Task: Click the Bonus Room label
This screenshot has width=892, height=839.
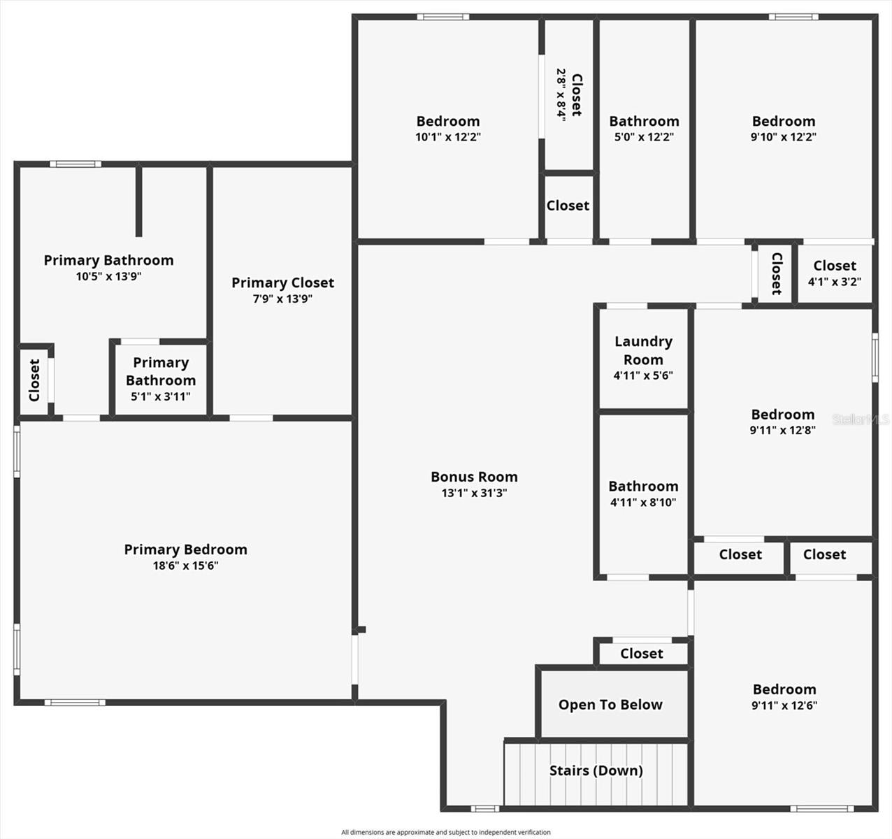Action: point(474,477)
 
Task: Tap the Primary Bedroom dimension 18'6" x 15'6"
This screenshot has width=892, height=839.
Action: point(185,566)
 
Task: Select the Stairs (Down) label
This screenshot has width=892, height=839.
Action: point(596,770)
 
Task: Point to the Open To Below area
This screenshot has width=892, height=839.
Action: point(610,705)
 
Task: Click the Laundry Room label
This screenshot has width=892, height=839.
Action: point(643,350)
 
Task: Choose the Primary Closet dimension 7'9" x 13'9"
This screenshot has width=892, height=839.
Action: point(282,299)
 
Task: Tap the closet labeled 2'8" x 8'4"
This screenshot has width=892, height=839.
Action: point(568,95)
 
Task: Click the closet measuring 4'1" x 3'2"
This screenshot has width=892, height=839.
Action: point(835,273)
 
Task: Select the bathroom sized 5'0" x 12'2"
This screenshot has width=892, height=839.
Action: point(644,129)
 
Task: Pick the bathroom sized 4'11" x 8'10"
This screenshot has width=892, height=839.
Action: point(643,494)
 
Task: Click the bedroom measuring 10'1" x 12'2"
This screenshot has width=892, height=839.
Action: point(448,129)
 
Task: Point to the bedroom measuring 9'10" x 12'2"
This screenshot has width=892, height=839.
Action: point(784,129)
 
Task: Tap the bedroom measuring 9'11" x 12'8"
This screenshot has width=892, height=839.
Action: point(783,422)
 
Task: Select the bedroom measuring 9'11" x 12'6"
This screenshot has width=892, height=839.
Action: point(784,696)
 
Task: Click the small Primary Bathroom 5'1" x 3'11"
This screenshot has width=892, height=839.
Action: point(161,379)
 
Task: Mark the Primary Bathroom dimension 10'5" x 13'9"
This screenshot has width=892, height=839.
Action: point(109,276)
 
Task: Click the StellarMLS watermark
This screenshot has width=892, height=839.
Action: point(860,419)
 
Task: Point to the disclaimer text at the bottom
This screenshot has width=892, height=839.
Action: point(446,832)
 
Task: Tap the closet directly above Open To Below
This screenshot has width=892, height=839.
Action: point(641,653)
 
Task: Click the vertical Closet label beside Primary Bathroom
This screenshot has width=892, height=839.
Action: point(34,380)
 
